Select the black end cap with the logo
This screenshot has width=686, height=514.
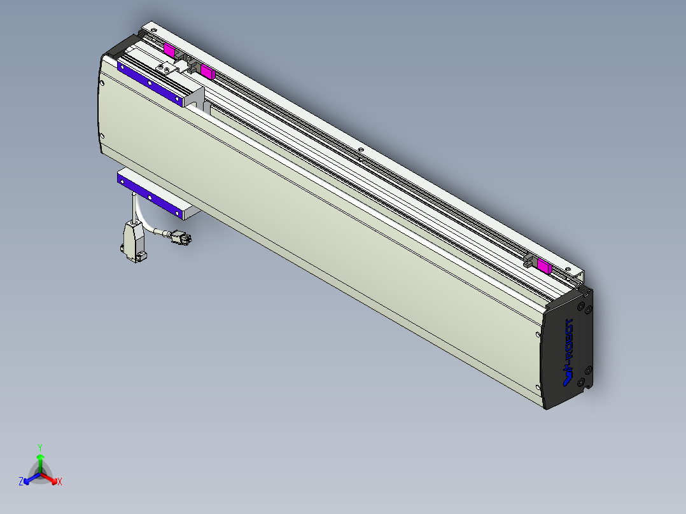[x=568, y=350]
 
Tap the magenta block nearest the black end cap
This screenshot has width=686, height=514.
[x=544, y=266]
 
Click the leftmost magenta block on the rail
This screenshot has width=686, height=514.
[x=169, y=50]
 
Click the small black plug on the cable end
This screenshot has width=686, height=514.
[x=181, y=239]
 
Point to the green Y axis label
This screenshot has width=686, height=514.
[x=40, y=447]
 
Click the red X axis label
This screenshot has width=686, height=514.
[x=59, y=482]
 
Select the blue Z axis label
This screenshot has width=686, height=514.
[x=21, y=482]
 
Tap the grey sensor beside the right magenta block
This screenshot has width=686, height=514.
[x=529, y=260]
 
